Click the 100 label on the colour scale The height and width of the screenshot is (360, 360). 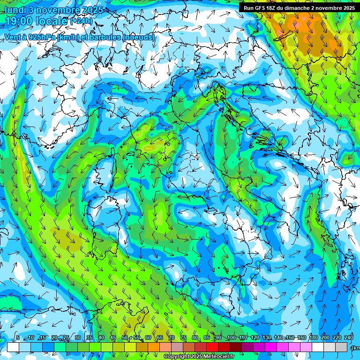(x=231, y=337)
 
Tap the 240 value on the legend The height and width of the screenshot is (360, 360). (x=349, y=337)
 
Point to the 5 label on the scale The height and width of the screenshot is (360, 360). (x=18, y=337)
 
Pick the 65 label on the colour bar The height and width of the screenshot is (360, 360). (x=160, y=337)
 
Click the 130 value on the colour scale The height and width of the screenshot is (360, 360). (x=266, y=337)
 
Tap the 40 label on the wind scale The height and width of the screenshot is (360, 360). (x=101, y=337)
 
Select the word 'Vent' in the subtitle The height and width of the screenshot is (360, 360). (x=13, y=37)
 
